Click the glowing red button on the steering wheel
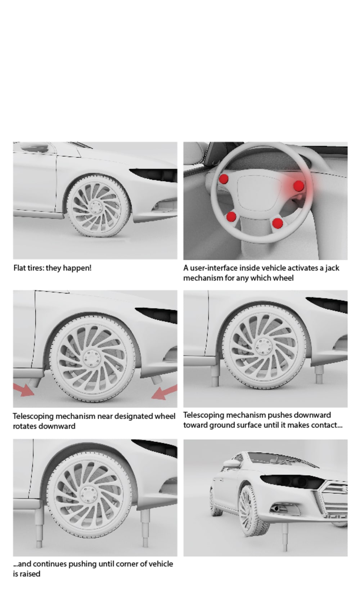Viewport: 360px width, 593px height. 298,186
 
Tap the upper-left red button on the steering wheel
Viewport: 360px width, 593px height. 224,179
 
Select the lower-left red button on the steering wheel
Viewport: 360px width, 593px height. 231,216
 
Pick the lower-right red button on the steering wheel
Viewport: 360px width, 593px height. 278,223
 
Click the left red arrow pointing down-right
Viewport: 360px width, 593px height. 24,390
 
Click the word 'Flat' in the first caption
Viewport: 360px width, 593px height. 19,268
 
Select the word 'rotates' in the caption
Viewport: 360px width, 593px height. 26,426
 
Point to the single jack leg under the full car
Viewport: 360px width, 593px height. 285,538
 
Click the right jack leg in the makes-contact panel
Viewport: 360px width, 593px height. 319,374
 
